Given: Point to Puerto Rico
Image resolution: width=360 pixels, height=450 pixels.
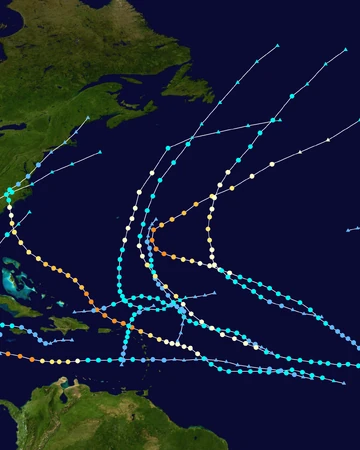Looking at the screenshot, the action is (x=104, y=330).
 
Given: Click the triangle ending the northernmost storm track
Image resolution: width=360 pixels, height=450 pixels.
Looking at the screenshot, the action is (x=277, y=46).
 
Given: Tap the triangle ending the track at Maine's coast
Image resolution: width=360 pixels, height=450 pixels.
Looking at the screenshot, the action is (x=87, y=118).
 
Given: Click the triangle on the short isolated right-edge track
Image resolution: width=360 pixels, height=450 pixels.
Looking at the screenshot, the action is (x=346, y=230).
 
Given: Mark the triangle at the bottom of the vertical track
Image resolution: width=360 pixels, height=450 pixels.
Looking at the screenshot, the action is (x=122, y=362).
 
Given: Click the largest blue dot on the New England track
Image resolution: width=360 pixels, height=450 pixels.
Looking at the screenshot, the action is (x=39, y=166).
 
